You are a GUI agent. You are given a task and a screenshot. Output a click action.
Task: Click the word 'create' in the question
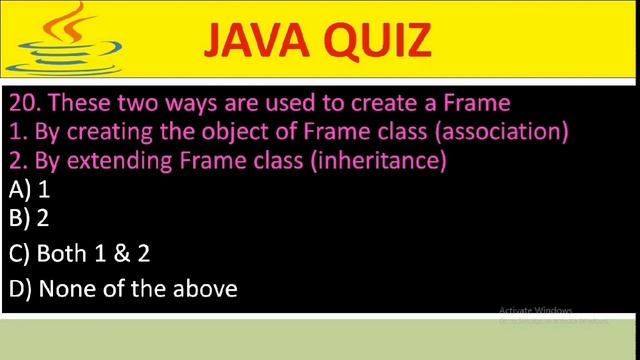click(x=387, y=103)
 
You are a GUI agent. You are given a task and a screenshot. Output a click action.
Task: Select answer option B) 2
click(x=29, y=220)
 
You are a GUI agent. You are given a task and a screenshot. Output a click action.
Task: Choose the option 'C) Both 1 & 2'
click(x=79, y=254)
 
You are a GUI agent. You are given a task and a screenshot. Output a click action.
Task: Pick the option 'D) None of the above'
click(x=122, y=290)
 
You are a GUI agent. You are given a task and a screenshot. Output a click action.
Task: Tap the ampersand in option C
click(x=119, y=254)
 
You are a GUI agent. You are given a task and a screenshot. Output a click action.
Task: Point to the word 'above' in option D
click(x=205, y=290)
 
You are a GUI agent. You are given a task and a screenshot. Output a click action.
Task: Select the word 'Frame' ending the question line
click(x=478, y=103)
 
